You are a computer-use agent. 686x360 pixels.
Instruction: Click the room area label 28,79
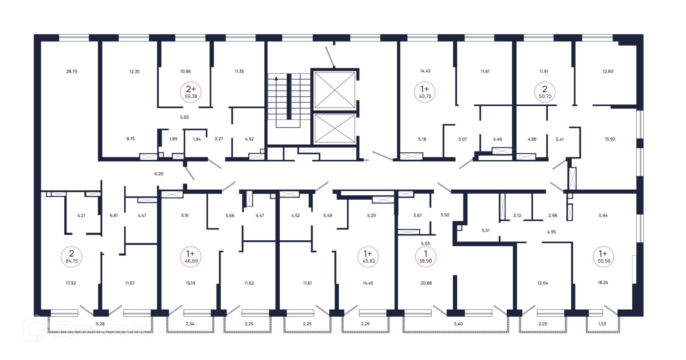(72, 71)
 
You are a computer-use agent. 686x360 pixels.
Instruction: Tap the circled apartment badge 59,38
(191, 92)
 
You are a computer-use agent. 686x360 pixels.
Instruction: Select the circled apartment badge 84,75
(71, 257)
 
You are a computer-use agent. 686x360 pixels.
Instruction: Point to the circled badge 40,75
(425, 92)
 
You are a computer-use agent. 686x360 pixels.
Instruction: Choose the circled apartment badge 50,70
(545, 92)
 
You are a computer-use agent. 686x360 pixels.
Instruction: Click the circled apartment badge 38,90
(426, 257)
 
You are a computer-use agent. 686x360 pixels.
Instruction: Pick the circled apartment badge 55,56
(604, 257)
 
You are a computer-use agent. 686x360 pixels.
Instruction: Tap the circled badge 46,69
(191, 257)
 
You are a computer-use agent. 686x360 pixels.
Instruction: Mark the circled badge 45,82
(368, 257)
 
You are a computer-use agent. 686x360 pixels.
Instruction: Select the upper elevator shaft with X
(334, 90)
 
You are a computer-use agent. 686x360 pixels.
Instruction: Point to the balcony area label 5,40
(458, 324)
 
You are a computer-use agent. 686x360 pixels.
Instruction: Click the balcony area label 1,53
(602, 324)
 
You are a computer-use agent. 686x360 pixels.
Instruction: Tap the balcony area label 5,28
(100, 324)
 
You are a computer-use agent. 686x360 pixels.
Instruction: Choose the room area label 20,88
(426, 283)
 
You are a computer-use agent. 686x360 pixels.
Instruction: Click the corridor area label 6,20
(159, 174)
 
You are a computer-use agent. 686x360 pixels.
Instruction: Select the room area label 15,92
(610, 139)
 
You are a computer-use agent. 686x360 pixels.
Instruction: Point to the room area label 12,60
(608, 71)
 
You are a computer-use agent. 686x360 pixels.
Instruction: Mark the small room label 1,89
(173, 139)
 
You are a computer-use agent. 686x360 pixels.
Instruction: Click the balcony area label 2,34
(190, 324)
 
